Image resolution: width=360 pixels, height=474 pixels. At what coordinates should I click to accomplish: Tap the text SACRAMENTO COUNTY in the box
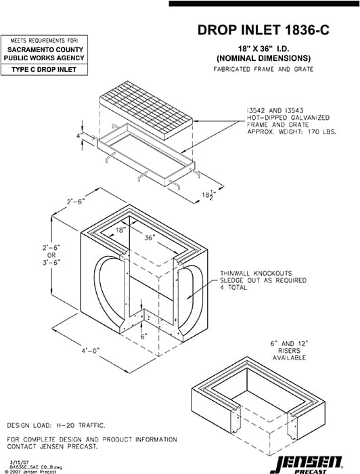tap(45, 49)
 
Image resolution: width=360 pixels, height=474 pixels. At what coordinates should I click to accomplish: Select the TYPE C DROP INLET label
tap(45, 70)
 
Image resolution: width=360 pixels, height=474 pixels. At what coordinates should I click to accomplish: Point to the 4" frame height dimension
tap(79, 136)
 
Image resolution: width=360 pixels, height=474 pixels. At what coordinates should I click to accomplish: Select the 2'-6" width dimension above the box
tap(75, 202)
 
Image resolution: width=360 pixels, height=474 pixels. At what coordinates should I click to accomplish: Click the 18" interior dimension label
tap(120, 231)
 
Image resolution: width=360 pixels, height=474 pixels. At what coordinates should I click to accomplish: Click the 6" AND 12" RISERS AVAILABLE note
tap(293, 351)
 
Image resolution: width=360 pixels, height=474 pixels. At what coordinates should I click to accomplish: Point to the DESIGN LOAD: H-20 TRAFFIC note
tap(55, 426)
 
